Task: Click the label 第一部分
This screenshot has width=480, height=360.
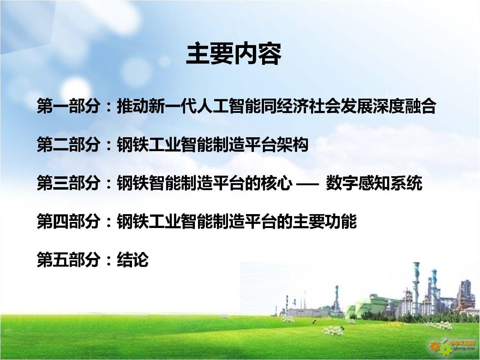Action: click(69, 106)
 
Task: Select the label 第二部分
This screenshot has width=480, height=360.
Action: click(69, 144)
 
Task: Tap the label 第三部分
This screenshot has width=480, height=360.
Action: click(69, 183)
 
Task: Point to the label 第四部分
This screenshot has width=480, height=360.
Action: click(69, 221)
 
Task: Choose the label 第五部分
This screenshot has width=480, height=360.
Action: click(69, 259)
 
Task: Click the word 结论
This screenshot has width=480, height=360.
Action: click(133, 259)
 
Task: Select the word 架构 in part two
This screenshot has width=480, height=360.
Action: click(292, 144)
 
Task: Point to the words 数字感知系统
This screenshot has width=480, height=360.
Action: click(374, 183)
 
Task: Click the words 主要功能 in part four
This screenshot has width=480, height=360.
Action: click(324, 221)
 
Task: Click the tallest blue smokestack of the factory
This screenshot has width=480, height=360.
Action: click(416, 288)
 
